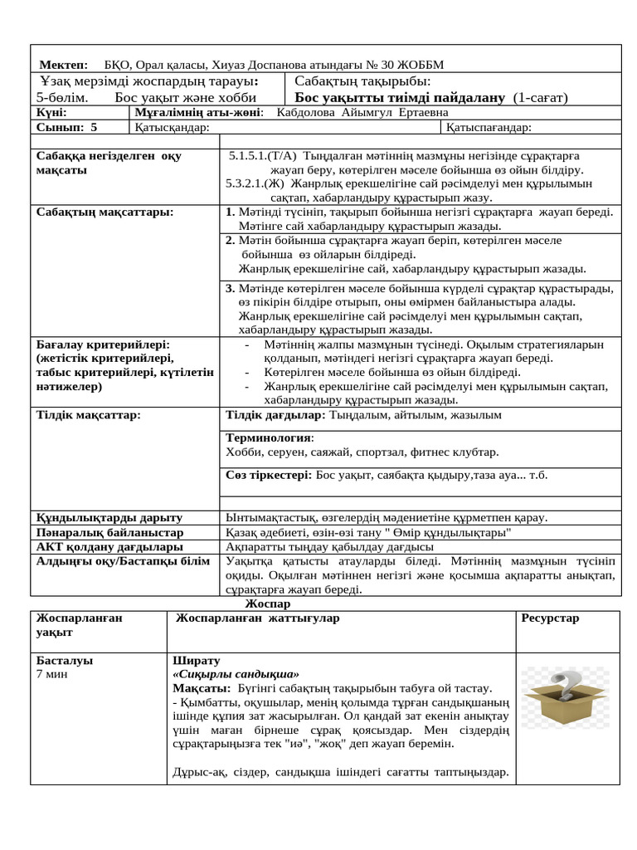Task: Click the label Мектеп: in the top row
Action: click(63, 65)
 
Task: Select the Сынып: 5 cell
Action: click(67, 127)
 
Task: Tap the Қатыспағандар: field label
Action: click(489, 127)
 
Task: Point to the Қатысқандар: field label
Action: click(172, 127)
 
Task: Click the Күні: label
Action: click(51, 112)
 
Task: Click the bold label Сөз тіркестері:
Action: click(270, 476)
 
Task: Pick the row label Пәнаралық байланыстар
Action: click(109, 532)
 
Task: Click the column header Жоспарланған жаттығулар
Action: click(257, 618)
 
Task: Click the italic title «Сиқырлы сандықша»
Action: click(236, 675)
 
